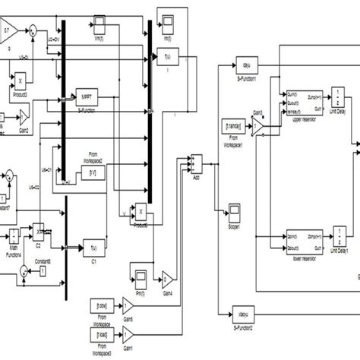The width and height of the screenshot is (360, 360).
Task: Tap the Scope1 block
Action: coord(235,208)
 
